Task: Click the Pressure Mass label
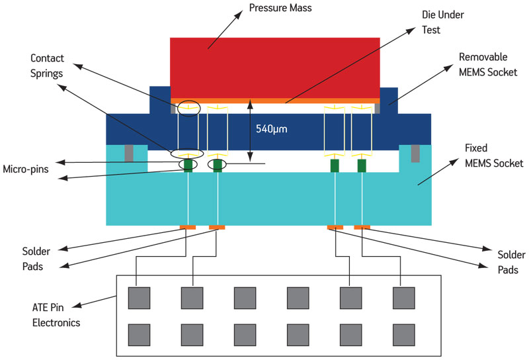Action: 280,8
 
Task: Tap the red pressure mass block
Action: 275,68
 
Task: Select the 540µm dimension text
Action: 271,129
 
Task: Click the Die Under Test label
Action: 442,22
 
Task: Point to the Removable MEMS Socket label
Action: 488,64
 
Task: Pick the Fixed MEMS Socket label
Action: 494,156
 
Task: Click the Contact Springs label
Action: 47,66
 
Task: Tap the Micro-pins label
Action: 26,169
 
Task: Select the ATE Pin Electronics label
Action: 56,315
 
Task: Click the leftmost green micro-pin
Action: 188,165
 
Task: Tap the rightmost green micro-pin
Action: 362,165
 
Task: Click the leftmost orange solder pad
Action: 188,227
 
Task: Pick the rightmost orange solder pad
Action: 362,227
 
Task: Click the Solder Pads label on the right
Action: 511,262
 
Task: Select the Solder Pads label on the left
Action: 36,259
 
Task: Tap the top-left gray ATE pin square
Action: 139,298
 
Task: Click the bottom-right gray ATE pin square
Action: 404,335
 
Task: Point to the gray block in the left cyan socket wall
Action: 129,153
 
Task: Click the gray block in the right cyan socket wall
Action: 415,154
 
